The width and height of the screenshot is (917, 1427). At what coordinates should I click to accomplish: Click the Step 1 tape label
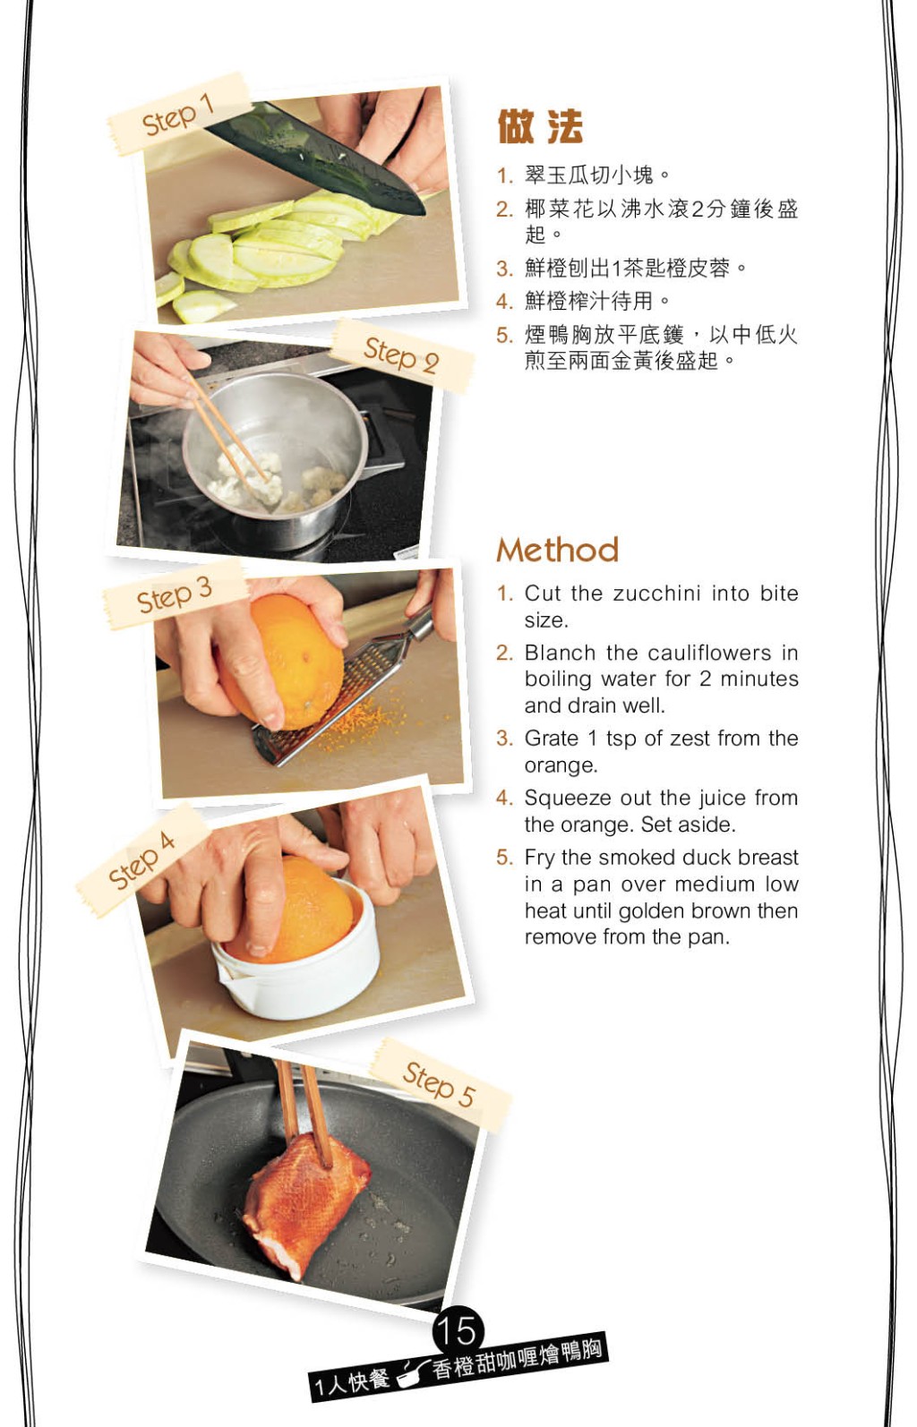(178, 115)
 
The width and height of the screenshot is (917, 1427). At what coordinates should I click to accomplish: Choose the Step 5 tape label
(440, 1085)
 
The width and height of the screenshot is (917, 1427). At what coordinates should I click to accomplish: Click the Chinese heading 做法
(540, 127)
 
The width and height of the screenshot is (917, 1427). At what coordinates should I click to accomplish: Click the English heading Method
(557, 550)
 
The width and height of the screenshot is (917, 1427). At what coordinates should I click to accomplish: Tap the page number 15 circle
(458, 1330)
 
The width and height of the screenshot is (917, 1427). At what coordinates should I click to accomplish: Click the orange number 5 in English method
(504, 858)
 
